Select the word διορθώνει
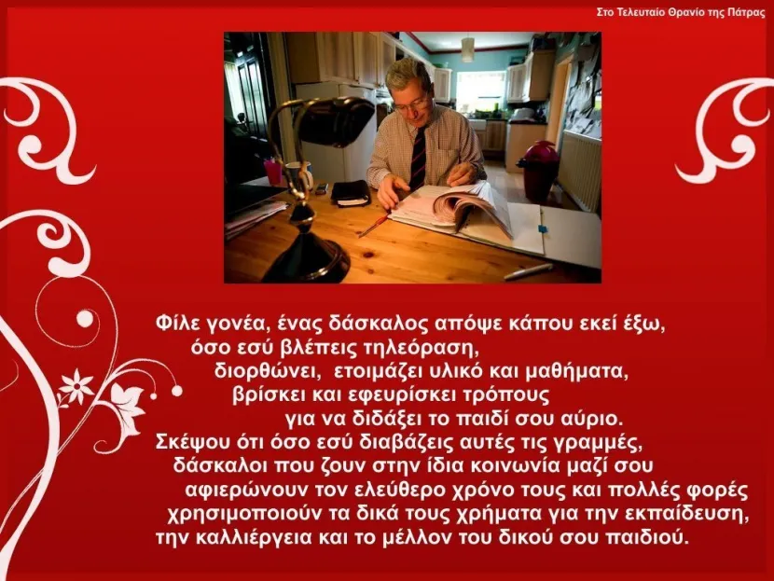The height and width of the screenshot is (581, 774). point(266,371)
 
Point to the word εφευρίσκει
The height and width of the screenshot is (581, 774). point(400,395)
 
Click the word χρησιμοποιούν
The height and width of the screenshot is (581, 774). point(243,515)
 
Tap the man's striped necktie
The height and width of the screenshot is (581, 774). point(418,157)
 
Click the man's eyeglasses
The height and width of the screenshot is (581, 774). point(411,103)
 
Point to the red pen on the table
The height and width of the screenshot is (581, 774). point(375,225)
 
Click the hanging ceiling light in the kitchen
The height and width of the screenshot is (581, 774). point(467,49)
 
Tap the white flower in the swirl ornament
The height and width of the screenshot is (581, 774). point(76,386)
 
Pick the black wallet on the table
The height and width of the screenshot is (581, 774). point(351,192)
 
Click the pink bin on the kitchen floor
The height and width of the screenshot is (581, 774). point(538,171)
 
